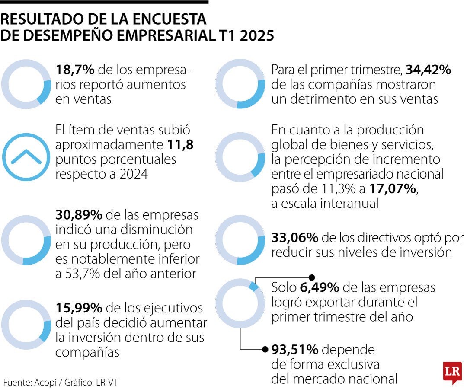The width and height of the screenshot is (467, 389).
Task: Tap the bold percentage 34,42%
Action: pos(429,70)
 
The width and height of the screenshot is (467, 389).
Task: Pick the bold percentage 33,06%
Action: pos(295,237)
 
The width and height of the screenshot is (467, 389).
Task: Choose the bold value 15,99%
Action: pos(79,308)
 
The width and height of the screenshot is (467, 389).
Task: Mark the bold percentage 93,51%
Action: pos(295,349)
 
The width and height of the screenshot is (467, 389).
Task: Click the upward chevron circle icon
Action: pos(26,157)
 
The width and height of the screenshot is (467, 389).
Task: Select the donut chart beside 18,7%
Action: pos(26,84)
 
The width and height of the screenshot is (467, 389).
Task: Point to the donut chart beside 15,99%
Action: pos(26,324)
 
